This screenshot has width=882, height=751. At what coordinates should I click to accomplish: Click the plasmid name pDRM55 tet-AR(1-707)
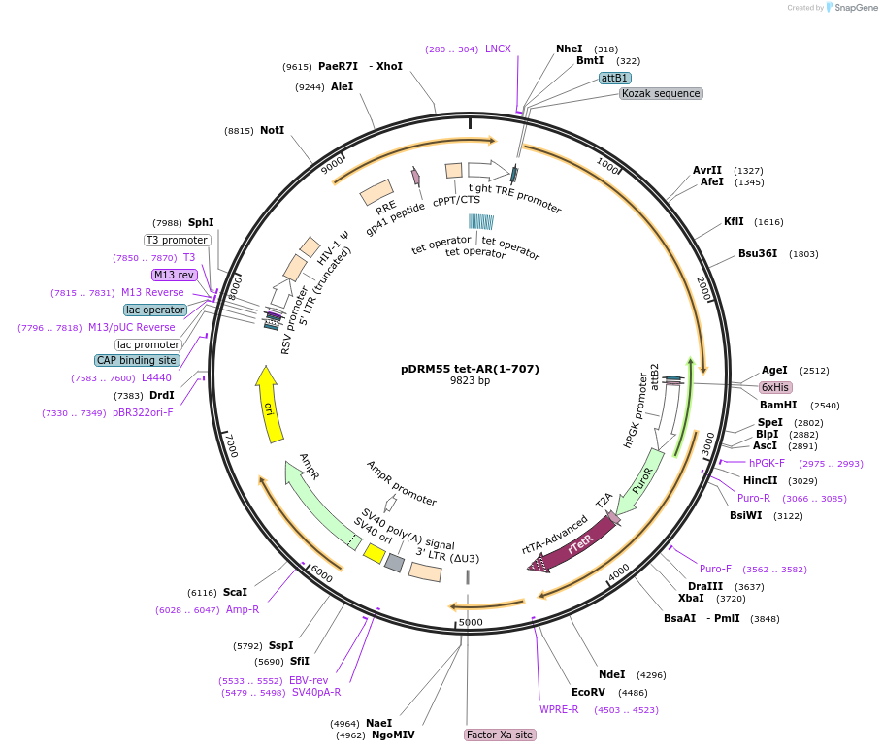470,369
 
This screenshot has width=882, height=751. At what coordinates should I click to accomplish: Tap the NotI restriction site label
272,130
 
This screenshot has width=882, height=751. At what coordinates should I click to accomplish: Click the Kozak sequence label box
661,93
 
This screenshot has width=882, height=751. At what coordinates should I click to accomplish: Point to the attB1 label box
614,78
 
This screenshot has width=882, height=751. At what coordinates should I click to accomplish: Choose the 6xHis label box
775,386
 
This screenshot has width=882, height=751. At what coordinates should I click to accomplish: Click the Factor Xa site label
500,735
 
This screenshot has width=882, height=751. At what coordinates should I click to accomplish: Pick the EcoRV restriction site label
588,692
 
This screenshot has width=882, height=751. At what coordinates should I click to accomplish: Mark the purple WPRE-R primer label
559,709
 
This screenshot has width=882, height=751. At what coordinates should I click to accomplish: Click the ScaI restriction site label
235,592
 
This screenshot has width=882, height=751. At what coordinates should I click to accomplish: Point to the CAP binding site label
137,360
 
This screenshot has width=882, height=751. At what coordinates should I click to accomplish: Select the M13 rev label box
174,275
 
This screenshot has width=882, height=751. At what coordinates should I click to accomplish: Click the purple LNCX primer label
498,49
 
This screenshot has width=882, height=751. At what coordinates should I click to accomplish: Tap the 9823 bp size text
470,381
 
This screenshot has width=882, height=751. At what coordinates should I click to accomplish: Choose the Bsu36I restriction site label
758,254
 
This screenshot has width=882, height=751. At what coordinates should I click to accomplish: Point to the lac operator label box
155,310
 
